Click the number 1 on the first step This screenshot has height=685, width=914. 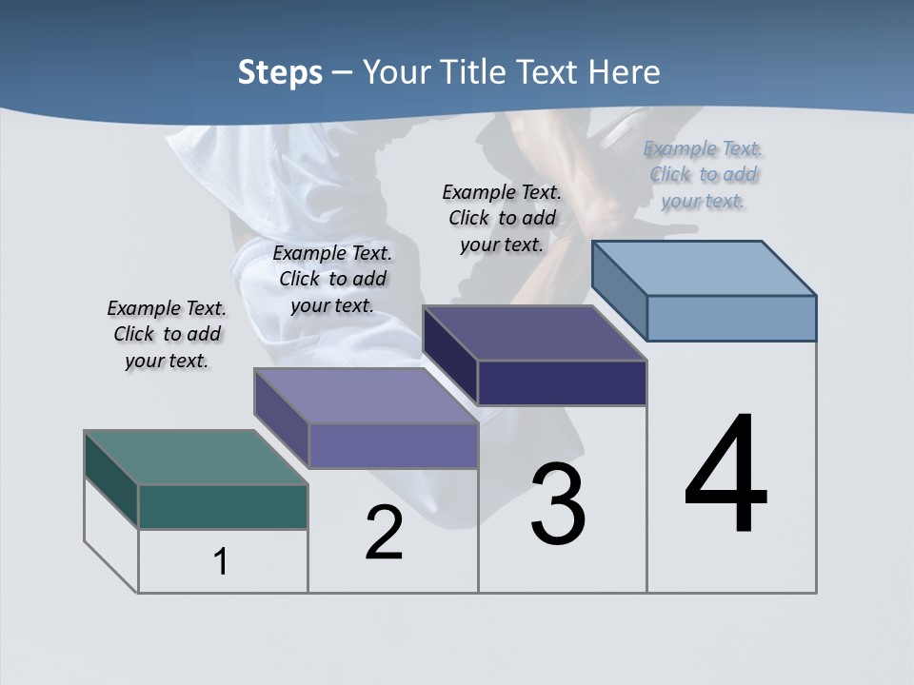pyautogui.click(x=221, y=561)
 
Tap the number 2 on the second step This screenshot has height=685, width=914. pyautogui.click(x=384, y=533)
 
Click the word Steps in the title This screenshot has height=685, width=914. pyautogui.click(x=280, y=72)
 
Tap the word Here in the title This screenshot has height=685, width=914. pyautogui.click(x=625, y=72)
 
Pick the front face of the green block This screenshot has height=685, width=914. pyautogui.click(x=223, y=506)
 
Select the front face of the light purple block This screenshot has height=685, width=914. pyautogui.click(x=393, y=445)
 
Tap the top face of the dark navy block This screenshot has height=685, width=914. pyautogui.click(x=535, y=333)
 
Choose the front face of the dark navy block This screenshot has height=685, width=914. pyautogui.click(x=562, y=382)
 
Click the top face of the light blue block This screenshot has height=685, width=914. pyautogui.click(x=705, y=267)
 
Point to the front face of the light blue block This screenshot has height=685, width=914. pyautogui.click(x=731, y=318)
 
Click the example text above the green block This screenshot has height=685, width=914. pyautogui.click(x=167, y=334)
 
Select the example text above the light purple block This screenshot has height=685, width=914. pyautogui.click(x=332, y=279)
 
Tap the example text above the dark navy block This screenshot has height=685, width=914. pyautogui.click(x=502, y=218)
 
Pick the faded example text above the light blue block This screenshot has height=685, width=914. pyautogui.click(x=704, y=174)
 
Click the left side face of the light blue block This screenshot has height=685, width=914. pyautogui.click(x=619, y=290)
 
